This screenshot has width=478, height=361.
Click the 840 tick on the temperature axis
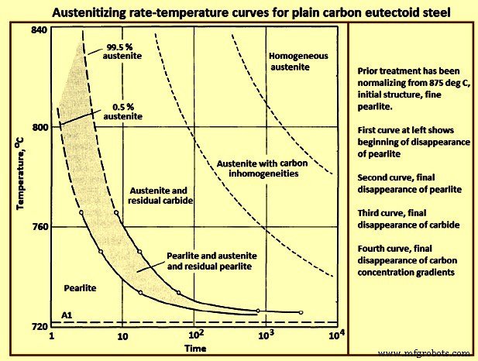[39, 29]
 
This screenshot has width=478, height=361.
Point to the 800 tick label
[39, 126]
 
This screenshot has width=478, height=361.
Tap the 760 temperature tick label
[39, 226]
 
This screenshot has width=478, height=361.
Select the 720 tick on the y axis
[39, 326]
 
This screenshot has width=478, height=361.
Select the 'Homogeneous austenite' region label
[287, 62]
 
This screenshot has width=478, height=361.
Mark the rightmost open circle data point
[301, 312]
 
